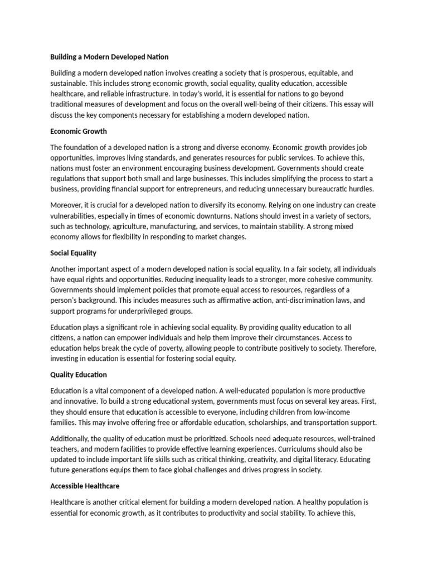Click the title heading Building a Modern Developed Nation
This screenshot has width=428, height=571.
pos(109,57)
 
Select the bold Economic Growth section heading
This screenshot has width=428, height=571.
pos(79,131)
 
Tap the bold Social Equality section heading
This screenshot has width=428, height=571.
pos(73,253)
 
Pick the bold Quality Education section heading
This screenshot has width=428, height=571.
pos(79,374)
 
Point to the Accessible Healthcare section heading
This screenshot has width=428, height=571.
pos(85,486)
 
